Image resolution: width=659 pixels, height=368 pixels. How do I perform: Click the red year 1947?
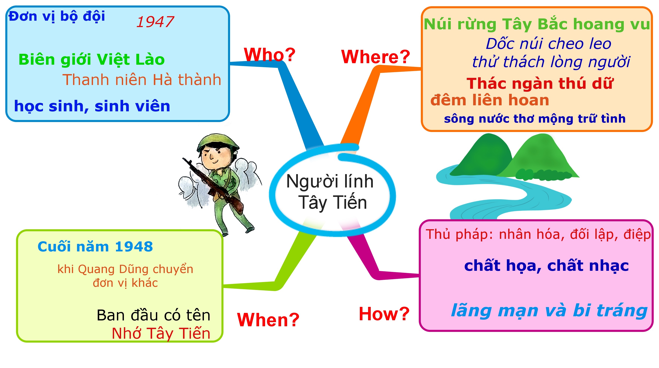(x=155, y=22)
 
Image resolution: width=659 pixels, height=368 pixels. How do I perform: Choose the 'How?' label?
(x=384, y=314)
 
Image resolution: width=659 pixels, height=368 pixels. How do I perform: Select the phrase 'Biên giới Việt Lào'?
(x=92, y=60)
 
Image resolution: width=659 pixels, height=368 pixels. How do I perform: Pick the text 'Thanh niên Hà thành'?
(x=142, y=80)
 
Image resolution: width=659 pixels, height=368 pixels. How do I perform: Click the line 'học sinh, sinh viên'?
(x=92, y=106)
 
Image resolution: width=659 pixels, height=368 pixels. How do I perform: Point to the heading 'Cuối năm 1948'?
(x=95, y=247)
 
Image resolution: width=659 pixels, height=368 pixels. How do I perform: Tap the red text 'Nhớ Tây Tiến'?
(x=161, y=334)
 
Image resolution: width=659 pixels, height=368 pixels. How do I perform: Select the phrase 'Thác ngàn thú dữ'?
(x=540, y=83)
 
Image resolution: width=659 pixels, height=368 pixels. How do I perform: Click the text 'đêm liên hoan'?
(x=490, y=100)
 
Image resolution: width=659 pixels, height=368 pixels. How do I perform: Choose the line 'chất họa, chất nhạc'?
(x=546, y=266)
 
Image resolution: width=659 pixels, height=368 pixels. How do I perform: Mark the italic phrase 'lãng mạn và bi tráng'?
(x=549, y=311)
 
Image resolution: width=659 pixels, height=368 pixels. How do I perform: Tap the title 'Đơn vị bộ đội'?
(x=57, y=17)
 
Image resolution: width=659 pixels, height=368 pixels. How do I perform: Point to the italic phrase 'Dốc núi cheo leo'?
(x=548, y=44)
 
